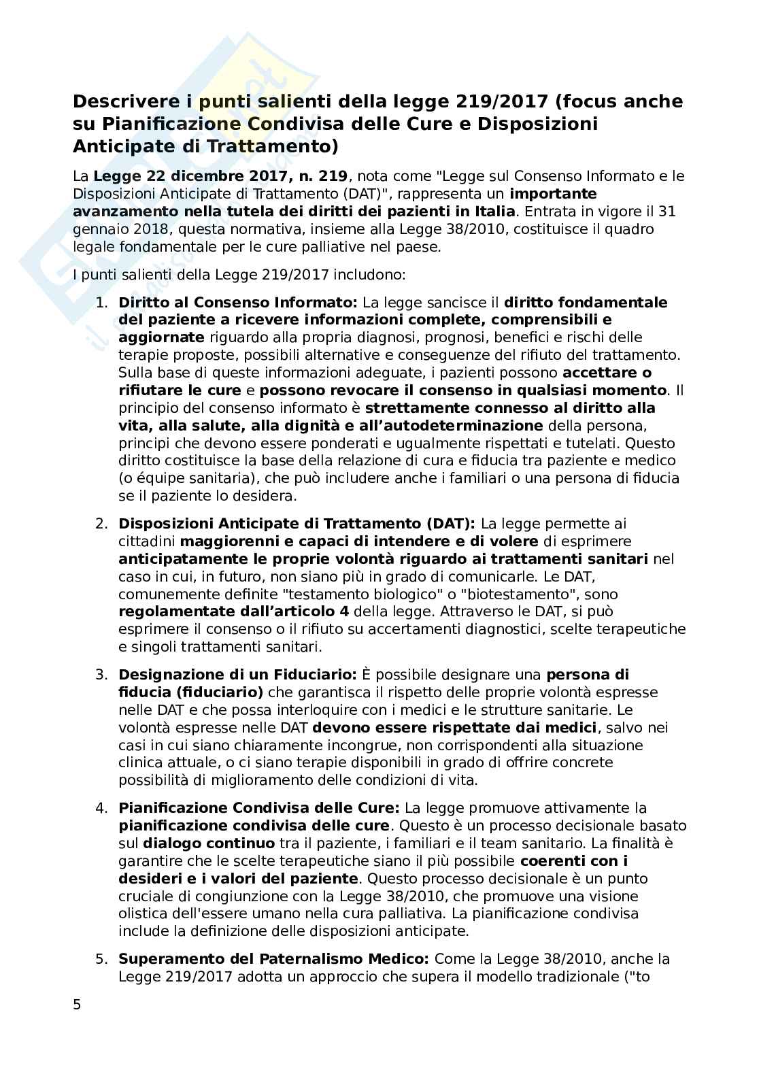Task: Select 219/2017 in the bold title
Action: tap(503, 102)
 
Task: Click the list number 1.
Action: tap(101, 302)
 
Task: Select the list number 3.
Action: tap(101, 675)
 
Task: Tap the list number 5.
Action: tap(101, 959)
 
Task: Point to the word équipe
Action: tap(150, 478)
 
